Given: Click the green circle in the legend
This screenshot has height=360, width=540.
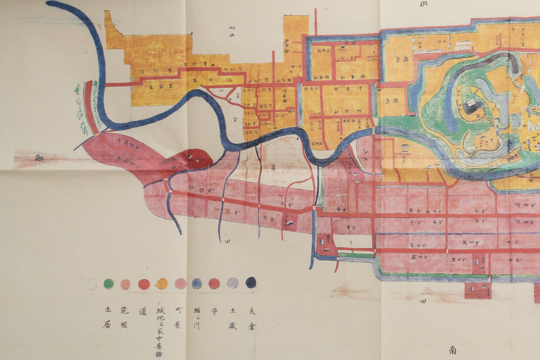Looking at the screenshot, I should [x=109, y=284].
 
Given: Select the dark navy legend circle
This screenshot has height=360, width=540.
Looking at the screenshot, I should [x=251, y=283].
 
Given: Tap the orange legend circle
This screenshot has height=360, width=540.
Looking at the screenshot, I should [x=162, y=284].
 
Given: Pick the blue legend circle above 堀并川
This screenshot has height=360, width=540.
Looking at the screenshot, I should [x=197, y=284].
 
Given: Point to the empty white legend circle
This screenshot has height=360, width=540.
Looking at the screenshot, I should [x=91, y=284].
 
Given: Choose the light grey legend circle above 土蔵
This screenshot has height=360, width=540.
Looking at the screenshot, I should [x=232, y=283].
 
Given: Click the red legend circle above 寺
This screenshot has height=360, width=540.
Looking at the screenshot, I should [x=215, y=283].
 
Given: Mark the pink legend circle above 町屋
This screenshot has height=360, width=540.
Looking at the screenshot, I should [x=180, y=284].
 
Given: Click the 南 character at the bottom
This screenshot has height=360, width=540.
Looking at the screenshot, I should [x=453, y=350].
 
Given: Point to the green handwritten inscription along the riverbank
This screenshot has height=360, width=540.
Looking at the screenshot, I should [x=79, y=108].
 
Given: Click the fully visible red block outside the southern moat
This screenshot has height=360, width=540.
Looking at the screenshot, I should [x=478, y=290].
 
